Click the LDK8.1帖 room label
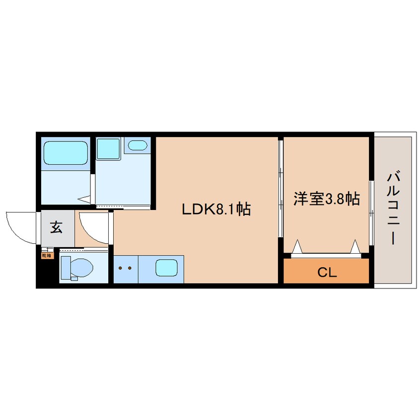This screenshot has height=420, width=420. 215,209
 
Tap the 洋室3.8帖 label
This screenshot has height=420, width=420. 326,199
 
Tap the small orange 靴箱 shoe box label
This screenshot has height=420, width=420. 46,256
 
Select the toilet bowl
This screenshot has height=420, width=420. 79,268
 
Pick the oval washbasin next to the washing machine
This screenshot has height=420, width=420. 137,145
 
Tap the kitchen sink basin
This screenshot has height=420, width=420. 166,269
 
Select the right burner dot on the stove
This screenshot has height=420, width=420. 130,269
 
